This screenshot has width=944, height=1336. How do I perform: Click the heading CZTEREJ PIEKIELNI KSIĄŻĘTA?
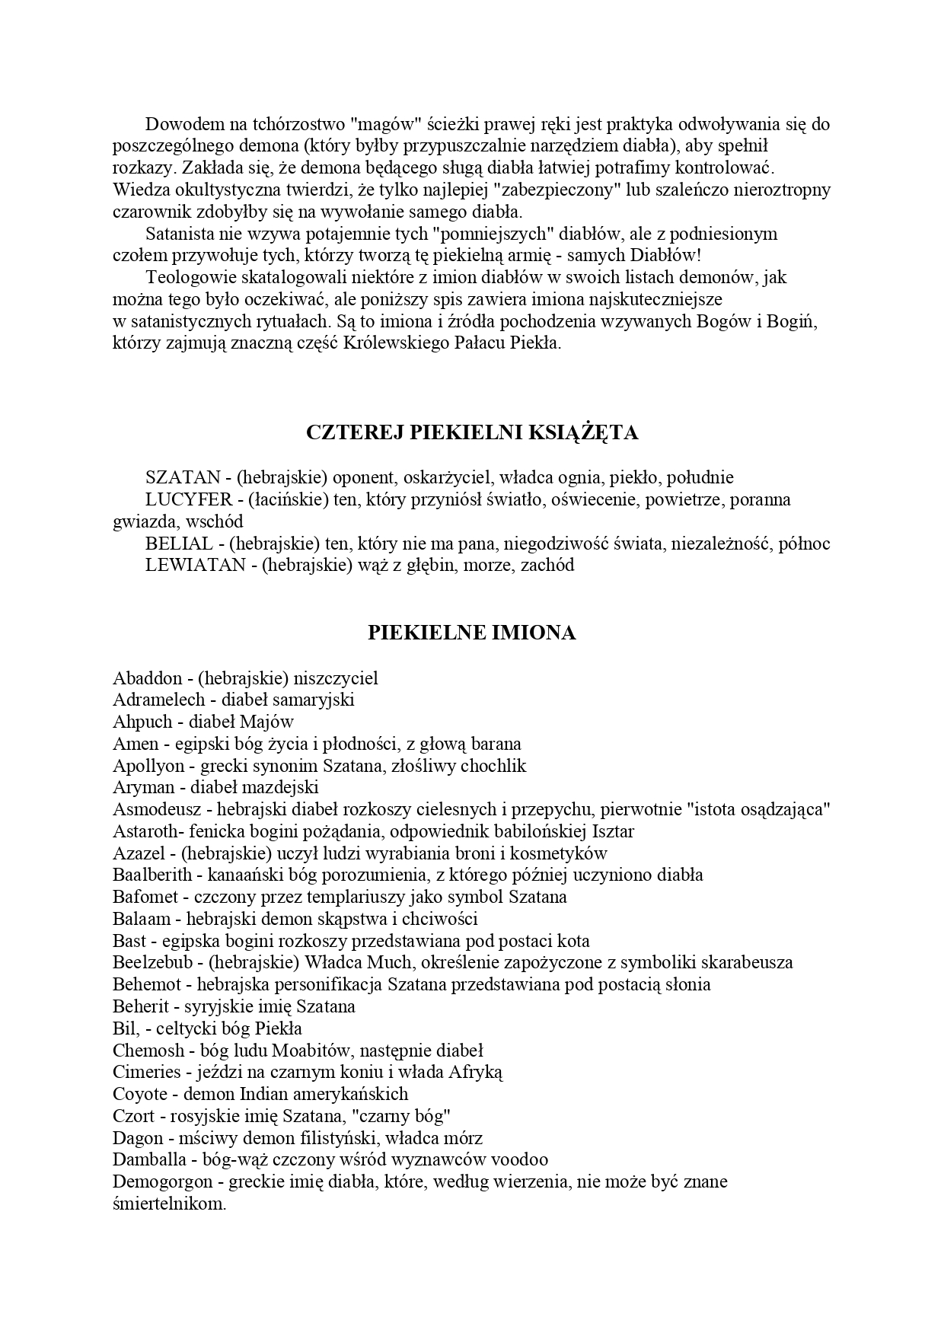click(x=471, y=432)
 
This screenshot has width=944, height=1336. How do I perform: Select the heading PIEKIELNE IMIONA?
click(x=471, y=633)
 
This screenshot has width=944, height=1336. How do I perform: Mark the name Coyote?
click(x=140, y=1094)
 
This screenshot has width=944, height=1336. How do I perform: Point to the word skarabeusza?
click(x=745, y=962)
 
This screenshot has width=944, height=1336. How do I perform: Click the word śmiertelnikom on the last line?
click(x=169, y=1204)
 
